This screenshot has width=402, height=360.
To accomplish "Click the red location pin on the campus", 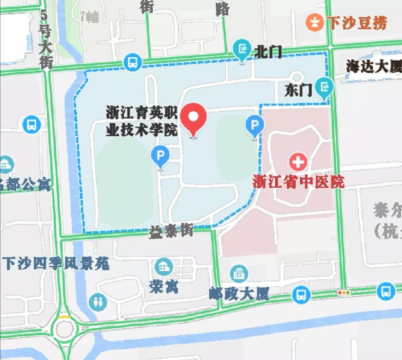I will click(194, 118).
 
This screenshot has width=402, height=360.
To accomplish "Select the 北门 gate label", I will click(268, 52).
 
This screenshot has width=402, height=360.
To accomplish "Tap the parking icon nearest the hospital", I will click(255, 125).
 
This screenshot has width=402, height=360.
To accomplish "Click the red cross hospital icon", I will click(298, 162).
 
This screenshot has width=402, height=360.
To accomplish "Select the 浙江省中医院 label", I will click(299, 182).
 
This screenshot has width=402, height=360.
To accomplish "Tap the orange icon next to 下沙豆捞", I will click(315, 23).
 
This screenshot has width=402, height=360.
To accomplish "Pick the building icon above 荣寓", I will click(163, 266).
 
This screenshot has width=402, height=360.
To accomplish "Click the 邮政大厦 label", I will click(239, 294).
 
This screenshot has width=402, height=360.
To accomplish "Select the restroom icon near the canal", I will click(98, 302).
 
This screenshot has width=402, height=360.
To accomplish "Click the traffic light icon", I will click(344, 293).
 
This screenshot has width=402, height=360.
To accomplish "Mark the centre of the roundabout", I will click(64, 329).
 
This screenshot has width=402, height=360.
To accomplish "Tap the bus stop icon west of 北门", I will click(133, 62).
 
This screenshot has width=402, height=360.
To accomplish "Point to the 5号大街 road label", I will click(45, 39).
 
